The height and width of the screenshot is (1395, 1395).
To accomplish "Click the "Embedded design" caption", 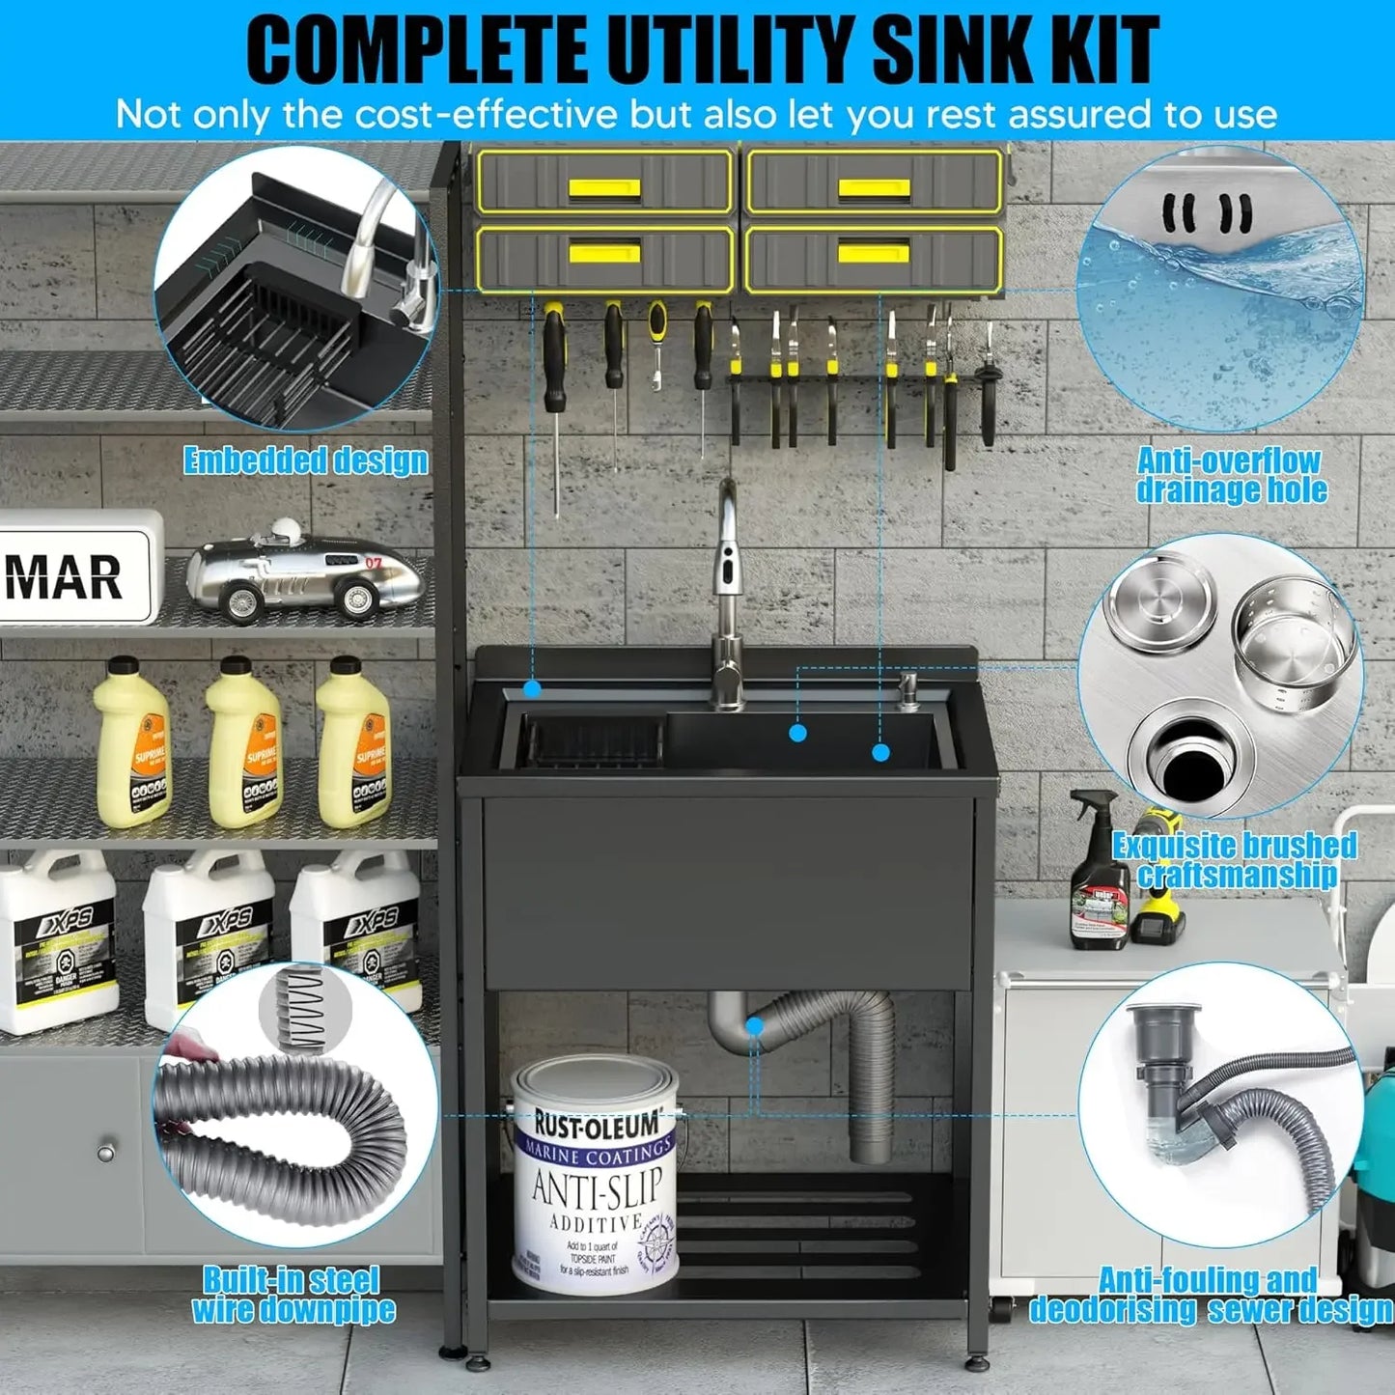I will (x=305, y=460).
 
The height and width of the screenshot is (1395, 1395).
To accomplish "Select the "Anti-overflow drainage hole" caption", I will (x=1230, y=475).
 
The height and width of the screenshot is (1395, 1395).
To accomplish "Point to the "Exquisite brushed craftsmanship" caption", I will (x=1235, y=859).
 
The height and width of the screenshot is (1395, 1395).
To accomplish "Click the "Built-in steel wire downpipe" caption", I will (x=293, y=1295).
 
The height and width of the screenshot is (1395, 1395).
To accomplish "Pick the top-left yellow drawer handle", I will (x=603, y=187).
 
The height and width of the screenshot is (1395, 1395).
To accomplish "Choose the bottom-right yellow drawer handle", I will (x=873, y=253).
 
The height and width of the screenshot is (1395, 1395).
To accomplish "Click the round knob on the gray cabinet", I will (x=105, y=1152).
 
